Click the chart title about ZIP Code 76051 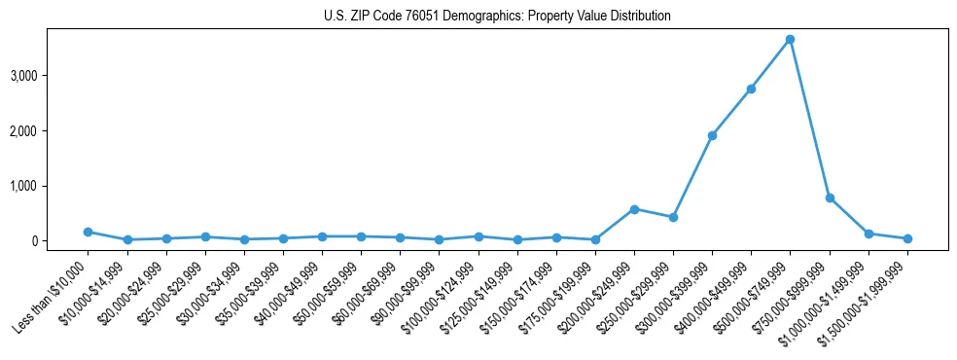pyautogui.click(x=497, y=17)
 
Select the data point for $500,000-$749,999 pyautogui.click(x=790, y=39)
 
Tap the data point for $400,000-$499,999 pyautogui.click(x=751, y=89)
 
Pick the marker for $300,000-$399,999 pyautogui.click(x=712, y=135)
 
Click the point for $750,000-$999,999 pyautogui.click(x=830, y=198)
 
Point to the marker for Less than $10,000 pyautogui.click(x=88, y=232)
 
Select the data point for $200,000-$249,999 pyautogui.click(x=634, y=209)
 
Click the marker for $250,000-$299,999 pyautogui.click(x=673, y=217)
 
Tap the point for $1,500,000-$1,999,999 pyautogui.click(x=907, y=238)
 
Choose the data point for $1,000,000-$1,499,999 pyautogui.click(x=868, y=234)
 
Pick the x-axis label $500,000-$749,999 pyautogui.click(x=750, y=298)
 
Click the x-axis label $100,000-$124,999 pyautogui.click(x=439, y=298)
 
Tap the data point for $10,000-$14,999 pyautogui.click(x=126, y=239)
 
